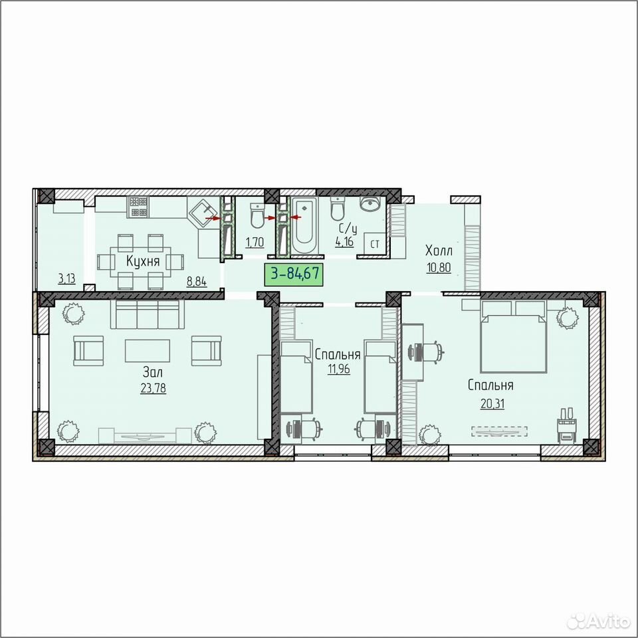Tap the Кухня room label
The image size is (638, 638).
pos(143,261)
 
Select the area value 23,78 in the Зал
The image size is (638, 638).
pos(153,387)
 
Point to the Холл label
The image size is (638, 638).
pos(439,250)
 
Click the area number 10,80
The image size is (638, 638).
pos(439,268)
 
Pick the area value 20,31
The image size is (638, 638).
pos(492,403)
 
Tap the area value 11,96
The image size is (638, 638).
pos(338,369)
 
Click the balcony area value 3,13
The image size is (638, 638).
pos(66,278)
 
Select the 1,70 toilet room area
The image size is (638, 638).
pos(255,243)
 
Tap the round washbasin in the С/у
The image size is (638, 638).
pos(370,205)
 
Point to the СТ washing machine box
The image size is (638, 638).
pos(375,244)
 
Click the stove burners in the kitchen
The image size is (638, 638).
pos(138,206)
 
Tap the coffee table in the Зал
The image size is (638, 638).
pos(148,351)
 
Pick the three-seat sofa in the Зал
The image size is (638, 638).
pos(148,314)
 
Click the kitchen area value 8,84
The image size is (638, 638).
pos(197,281)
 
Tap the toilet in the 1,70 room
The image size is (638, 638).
pos(257,215)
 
